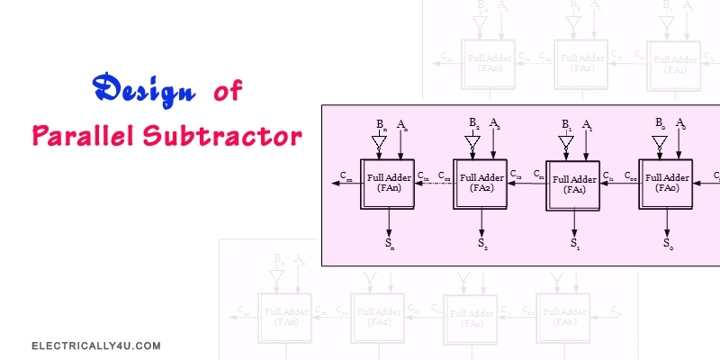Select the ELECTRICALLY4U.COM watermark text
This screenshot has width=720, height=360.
[x=95, y=345]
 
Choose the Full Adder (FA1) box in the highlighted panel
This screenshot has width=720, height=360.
[x=572, y=184]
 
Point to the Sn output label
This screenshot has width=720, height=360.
[x=390, y=243]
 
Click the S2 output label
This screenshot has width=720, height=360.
[x=482, y=243]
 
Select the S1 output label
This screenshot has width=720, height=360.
[x=574, y=244]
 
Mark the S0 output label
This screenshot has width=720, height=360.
[x=667, y=243]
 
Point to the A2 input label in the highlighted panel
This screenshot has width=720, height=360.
[x=495, y=123]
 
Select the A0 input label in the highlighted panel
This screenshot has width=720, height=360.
[x=680, y=123]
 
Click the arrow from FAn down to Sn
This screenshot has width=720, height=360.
[x=390, y=221]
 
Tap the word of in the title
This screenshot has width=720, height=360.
[x=229, y=92]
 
